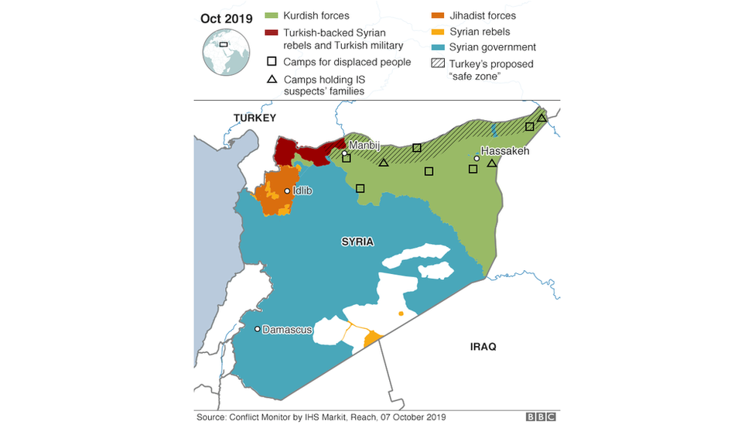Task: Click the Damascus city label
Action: [287, 330]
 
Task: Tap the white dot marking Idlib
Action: [287, 190]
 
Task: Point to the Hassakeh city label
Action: [504, 151]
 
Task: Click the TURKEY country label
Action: [255, 118]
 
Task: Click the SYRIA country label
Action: [357, 242]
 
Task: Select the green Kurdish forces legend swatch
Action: [272, 15]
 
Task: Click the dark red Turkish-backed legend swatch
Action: [272, 33]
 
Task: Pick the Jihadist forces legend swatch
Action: [437, 15]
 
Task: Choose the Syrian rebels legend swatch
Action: [437, 32]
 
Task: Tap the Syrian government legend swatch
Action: [437, 47]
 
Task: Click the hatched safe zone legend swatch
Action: [437, 64]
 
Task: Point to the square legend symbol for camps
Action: [272, 62]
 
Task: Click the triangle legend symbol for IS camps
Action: [272, 79]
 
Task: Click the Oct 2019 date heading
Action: [226, 19]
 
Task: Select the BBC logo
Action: [541, 416]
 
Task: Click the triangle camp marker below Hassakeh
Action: [491, 163]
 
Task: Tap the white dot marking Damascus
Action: [258, 329]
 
